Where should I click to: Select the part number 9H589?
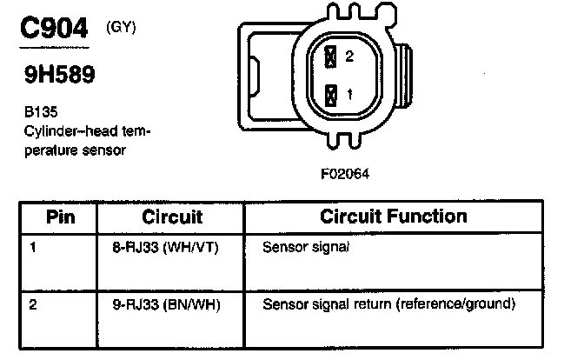59,76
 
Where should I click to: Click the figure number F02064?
345,172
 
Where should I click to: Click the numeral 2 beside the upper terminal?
349,57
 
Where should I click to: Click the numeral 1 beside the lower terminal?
349,94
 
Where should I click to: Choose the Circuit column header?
171,217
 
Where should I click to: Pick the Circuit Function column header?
394,216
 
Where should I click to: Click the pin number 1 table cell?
34,247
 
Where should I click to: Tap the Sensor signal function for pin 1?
305,248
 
